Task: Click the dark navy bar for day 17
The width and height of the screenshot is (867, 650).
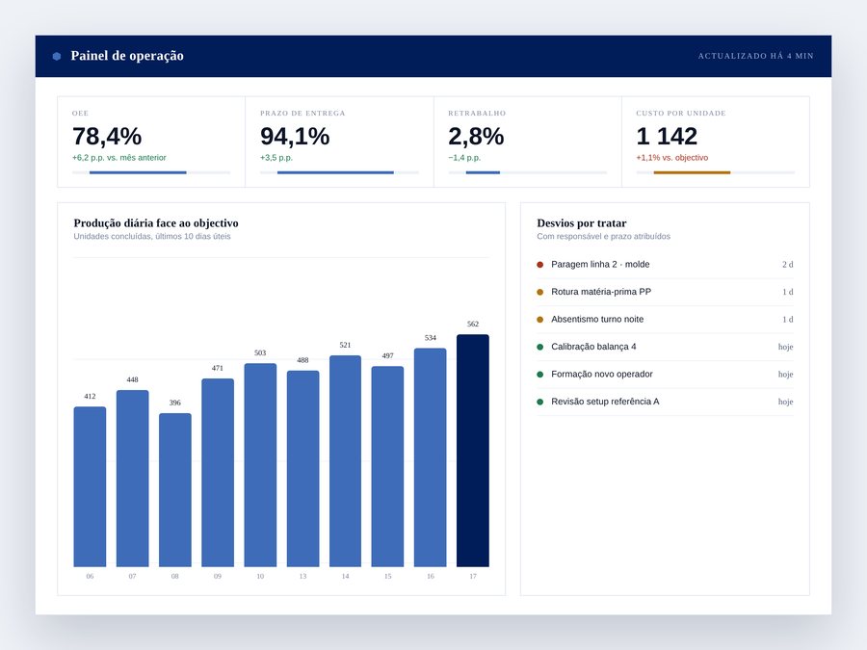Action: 473,451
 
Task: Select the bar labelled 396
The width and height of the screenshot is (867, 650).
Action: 175,490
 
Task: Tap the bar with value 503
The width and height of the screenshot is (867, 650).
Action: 260,465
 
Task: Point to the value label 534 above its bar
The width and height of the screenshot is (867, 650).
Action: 431,338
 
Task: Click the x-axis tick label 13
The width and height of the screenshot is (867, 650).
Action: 303,576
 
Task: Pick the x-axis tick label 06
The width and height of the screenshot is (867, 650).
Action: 91,576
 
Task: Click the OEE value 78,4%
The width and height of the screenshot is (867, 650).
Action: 107,136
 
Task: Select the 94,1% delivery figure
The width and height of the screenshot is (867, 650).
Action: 295,136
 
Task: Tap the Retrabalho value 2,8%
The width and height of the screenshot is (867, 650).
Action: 476,136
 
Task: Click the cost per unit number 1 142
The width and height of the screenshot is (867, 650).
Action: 667,136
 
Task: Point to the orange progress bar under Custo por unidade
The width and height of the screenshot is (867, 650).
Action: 692,172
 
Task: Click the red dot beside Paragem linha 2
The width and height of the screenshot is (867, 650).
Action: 540,265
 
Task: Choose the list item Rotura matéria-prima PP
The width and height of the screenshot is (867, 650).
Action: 601,292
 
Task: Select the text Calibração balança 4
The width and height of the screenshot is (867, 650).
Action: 593,347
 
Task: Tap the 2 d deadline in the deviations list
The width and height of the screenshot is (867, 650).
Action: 787,265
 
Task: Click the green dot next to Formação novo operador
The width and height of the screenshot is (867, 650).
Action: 540,375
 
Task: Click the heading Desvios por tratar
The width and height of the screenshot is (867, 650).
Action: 582,223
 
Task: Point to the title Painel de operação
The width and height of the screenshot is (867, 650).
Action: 127,56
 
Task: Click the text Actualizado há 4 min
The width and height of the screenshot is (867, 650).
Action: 756,56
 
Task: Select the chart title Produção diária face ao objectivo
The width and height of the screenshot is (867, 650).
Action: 156,223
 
